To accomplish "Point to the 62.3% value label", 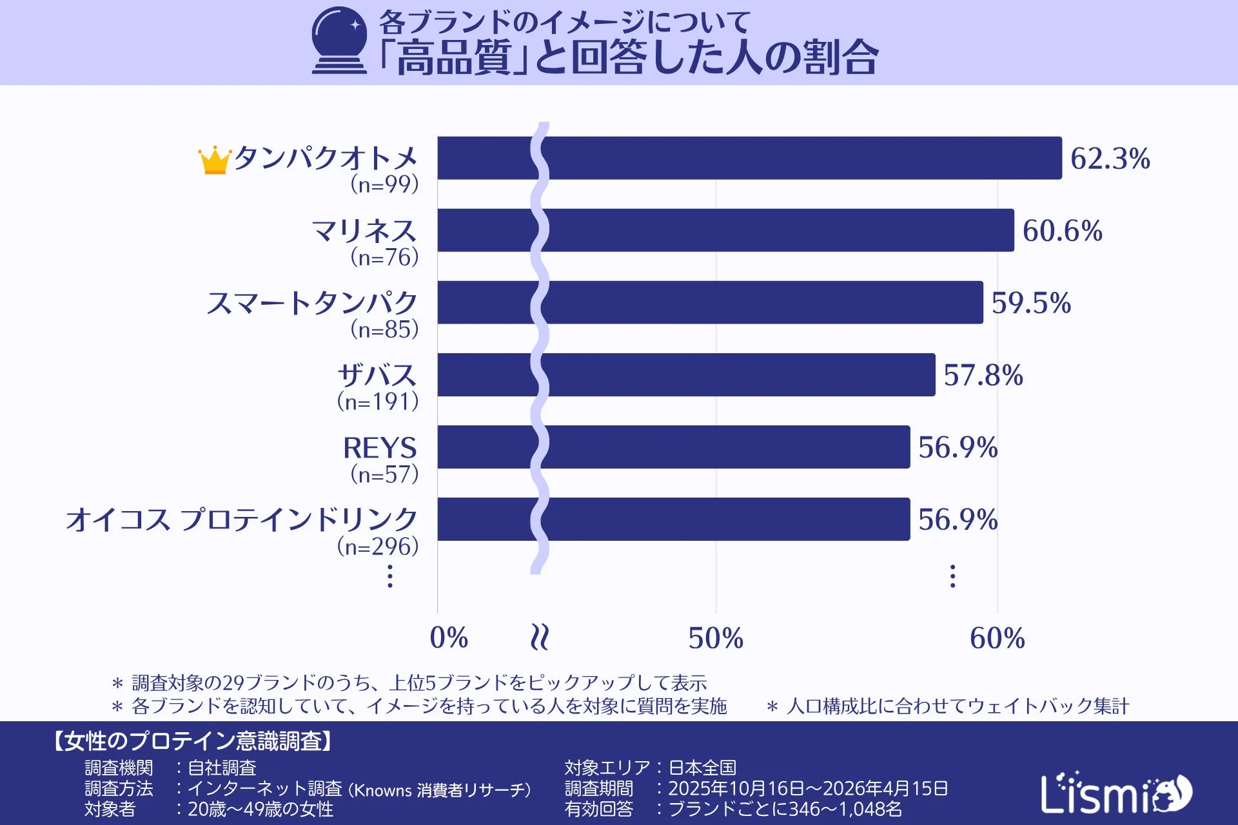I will [x=1110, y=159].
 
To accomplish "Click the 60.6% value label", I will [x=1063, y=231].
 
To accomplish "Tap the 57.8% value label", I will [x=983, y=375].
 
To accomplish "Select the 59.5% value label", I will [x=1031, y=303].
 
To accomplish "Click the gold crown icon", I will [x=214, y=160].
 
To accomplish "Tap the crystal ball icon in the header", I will [x=339, y=40].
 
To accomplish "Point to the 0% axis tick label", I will [x=449, y=638].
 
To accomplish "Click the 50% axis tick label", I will [x=716, y=638].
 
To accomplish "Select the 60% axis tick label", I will [x=997, y=638].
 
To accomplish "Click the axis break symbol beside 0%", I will [x=539, y=637].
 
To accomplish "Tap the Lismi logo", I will [x=1115, y=793].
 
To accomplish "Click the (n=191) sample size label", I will [x=378, y=402].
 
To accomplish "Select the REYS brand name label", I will [x=380, y=447].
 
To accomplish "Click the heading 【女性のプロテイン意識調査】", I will [x=192, y=741].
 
